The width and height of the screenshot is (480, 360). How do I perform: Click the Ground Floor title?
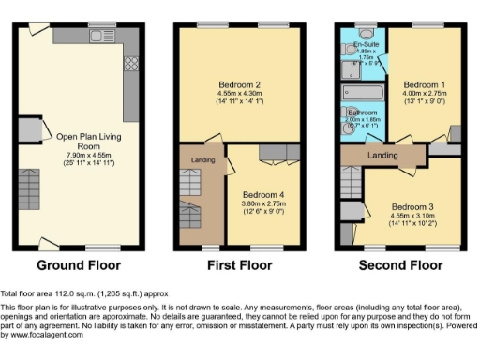click(75, 265)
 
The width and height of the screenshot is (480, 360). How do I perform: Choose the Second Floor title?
click(400, 265)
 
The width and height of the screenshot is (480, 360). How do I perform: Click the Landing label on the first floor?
click(200, 160)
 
